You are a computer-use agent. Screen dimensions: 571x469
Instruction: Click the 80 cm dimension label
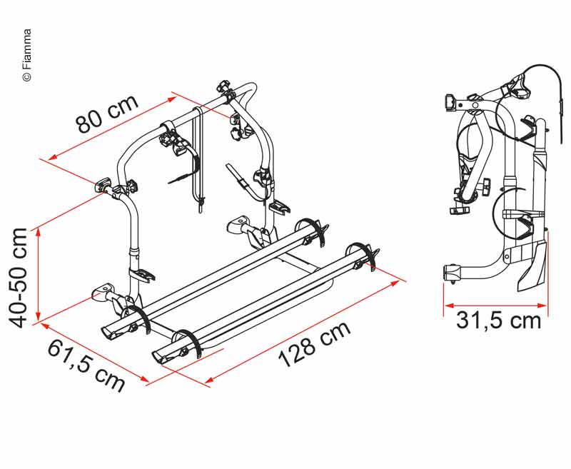coord(108,114)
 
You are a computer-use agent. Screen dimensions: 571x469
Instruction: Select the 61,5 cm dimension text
coord(86,365)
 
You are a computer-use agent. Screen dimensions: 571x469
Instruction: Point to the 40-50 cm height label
coord(19,278)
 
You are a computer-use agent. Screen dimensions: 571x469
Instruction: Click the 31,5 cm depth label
coord(498,321)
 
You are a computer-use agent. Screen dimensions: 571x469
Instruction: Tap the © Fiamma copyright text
coord(27,55)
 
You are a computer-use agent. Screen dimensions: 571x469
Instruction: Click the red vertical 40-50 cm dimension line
coord(38,274)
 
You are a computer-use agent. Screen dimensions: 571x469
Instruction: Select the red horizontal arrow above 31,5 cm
coord(495,305)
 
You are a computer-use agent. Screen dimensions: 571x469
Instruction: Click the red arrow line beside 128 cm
coord(303,332)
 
